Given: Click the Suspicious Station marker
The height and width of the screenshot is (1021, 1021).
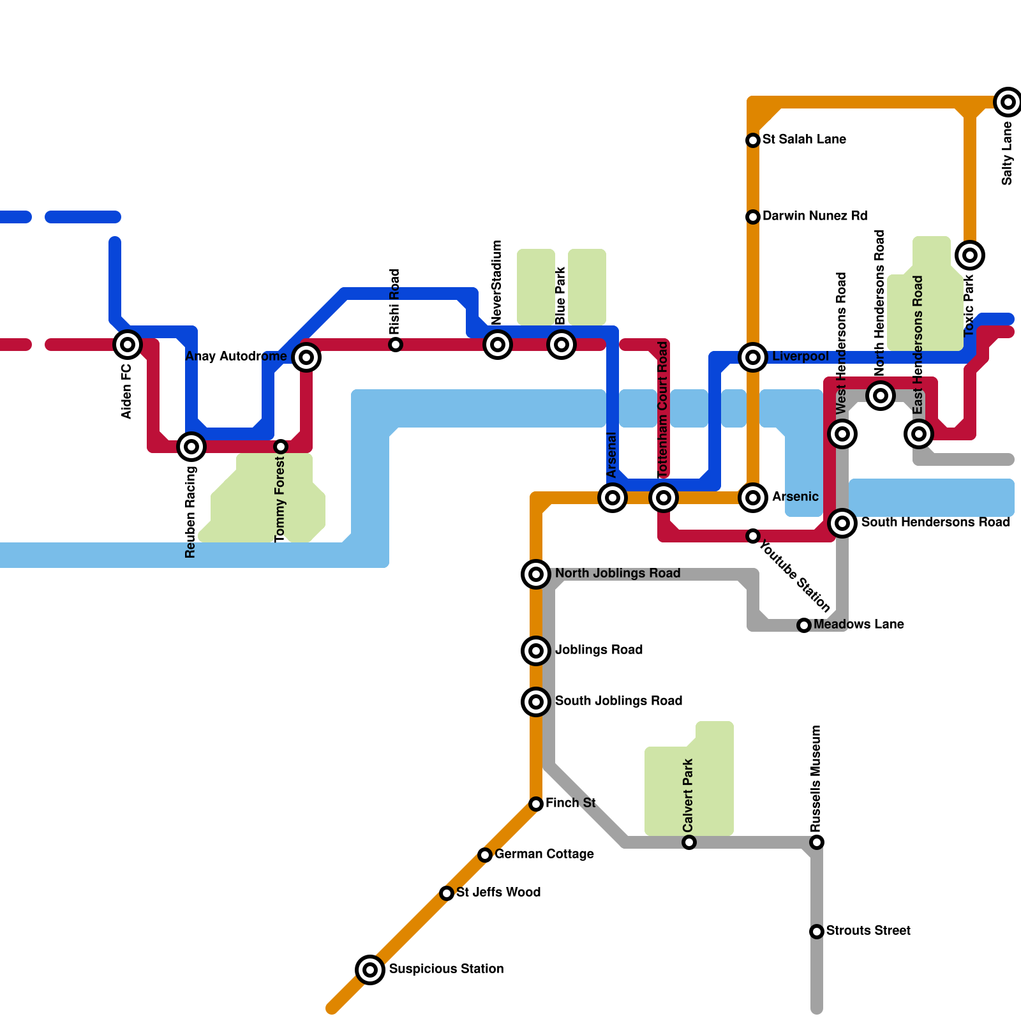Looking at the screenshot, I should tap(370, 970).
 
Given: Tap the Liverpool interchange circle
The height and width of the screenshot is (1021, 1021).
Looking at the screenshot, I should tap(753, 357).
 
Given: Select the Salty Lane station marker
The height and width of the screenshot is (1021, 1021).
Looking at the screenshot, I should tap(1008, 102).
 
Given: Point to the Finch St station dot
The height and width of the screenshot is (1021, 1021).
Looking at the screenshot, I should tap(536, 804).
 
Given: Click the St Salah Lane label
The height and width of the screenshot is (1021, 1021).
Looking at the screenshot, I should tap(804, 139).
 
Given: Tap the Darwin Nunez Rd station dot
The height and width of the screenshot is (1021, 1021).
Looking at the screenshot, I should tap(753, 217).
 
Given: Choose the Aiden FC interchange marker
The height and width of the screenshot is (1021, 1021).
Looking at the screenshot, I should tap(128, 345).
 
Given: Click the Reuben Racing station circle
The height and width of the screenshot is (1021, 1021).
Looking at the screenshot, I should tap(191, 447).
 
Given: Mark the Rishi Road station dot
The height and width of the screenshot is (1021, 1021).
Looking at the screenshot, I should tap(396, 345).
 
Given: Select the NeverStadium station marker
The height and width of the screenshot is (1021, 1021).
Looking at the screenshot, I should tap(498, 345).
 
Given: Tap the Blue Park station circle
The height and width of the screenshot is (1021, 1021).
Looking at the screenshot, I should tap(562, 345).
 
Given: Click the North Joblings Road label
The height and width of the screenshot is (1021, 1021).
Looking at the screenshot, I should tap(618, 573).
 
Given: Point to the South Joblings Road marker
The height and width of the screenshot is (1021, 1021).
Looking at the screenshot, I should tap(536, 702).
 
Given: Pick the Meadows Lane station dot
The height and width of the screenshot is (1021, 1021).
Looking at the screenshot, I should tap(804, 625).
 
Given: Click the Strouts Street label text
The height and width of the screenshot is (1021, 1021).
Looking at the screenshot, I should tap(868, 930).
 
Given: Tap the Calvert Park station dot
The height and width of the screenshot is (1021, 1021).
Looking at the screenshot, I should tap(689, 842).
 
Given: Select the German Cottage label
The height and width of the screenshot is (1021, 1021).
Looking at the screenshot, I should tap(544, 854).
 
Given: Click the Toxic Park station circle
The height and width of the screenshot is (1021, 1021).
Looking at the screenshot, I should tap(970, 255).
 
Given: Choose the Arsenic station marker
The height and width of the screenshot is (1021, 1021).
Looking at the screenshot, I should tap(753, 498).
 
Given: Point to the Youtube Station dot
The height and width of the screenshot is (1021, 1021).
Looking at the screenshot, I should tap(753, 536).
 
